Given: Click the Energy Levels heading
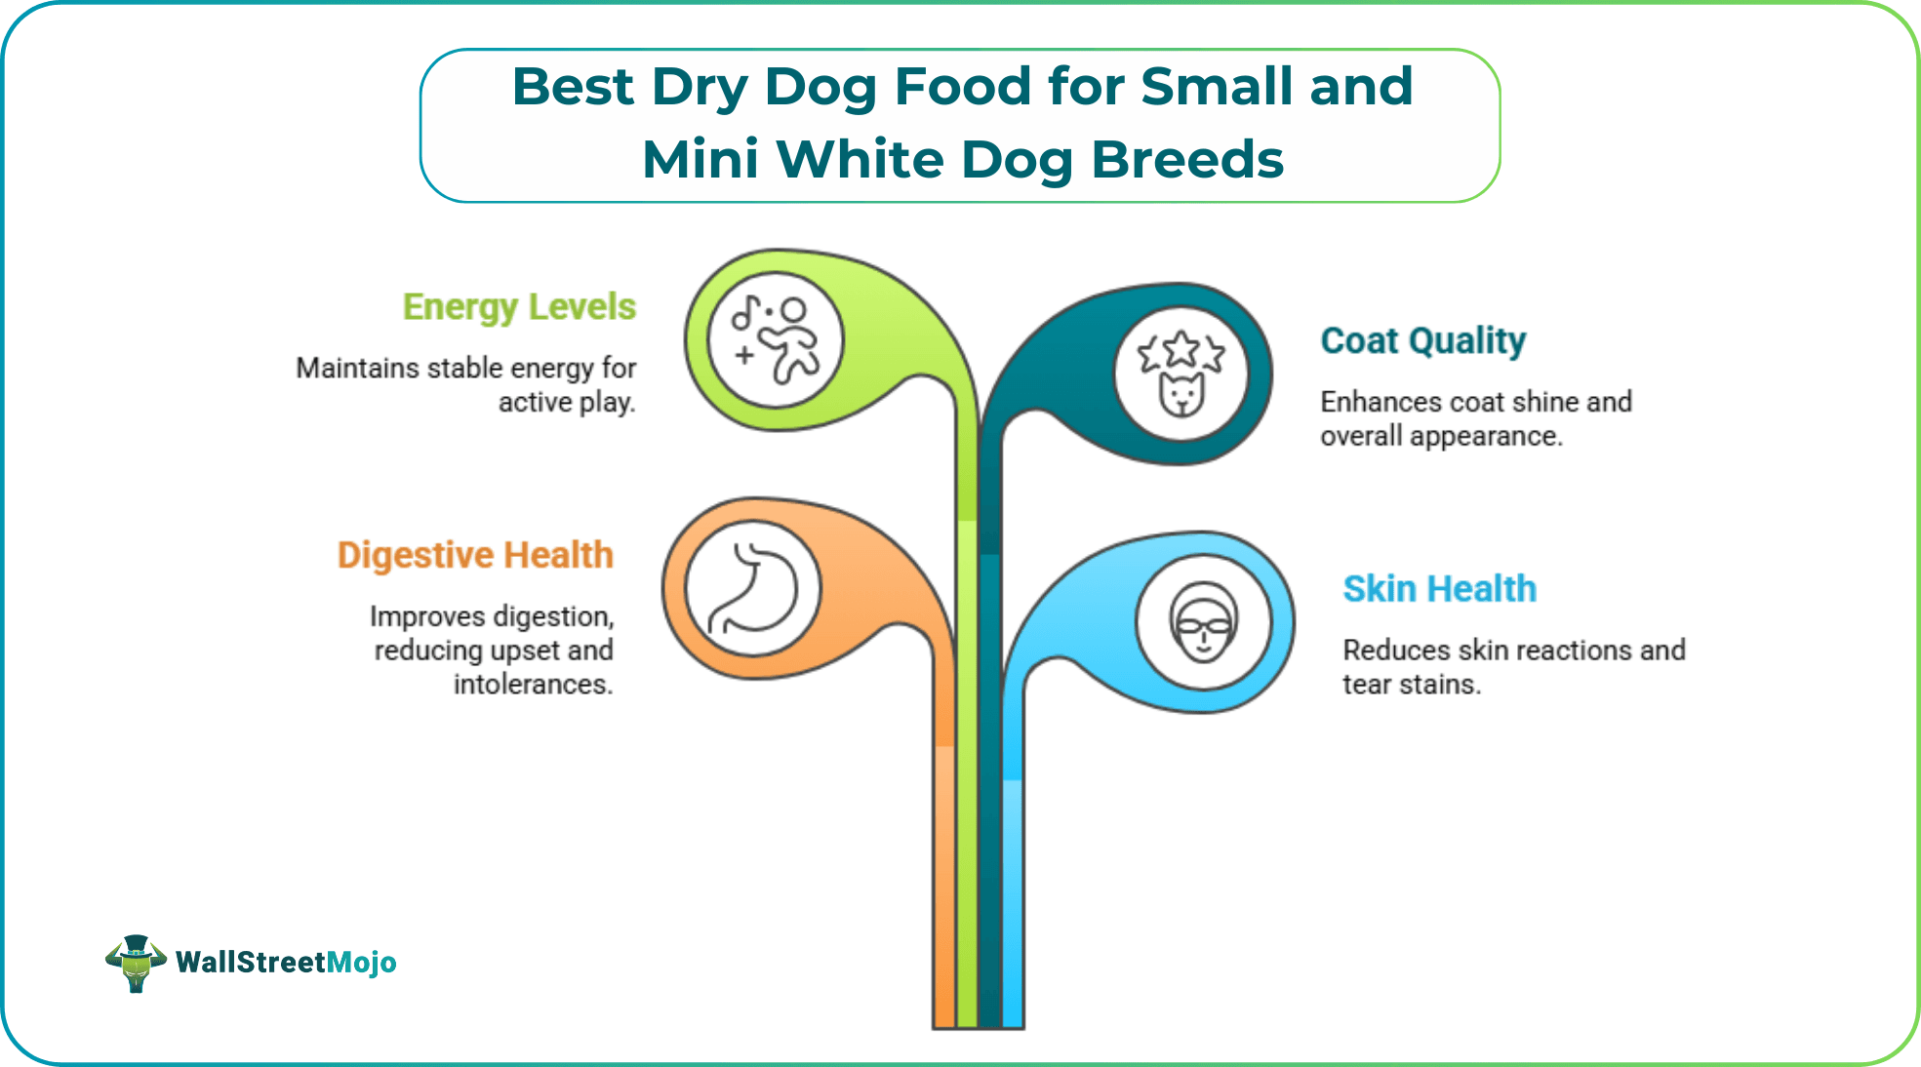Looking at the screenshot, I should [x=519, y=307].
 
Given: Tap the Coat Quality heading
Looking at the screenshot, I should [x=1422, y=341].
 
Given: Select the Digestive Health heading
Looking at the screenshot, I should [x=475, y=555].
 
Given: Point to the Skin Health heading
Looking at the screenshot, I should [x=1439, y=589].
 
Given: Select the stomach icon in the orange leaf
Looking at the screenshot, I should [x=752, y=588].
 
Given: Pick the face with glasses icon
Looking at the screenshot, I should [x=1203, y=622].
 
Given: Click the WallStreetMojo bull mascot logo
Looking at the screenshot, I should [x=136, y=963].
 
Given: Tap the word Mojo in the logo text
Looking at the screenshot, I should [x=361, y=963].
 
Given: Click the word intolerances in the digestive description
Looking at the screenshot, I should [x=533, y=685].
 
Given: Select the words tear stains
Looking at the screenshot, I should [x=1411, y=685].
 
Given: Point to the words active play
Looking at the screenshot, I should [x=566, y=403].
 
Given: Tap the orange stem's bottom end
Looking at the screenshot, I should [x=943, y=1019].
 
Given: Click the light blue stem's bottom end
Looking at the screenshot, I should [x=1013, y=1019].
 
